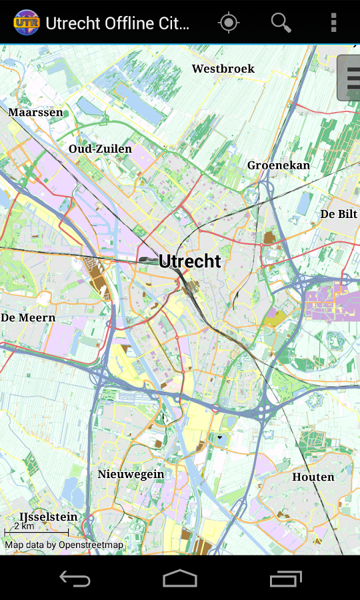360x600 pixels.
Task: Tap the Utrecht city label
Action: (189, 261)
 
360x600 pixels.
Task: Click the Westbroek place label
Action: (223, 69)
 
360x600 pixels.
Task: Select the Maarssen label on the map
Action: (35, 112)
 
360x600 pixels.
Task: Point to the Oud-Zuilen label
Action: (100, 149)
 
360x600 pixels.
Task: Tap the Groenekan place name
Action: (278, 165)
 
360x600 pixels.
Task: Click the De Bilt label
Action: (339, 214)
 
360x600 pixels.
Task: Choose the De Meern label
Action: (28, 317)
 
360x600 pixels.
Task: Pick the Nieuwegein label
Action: (131, 474)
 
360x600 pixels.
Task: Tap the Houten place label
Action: (313, 477)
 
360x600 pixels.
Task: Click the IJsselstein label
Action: (48, 517)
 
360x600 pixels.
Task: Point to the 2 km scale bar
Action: (36, 529)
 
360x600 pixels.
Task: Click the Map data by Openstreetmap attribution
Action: (64, 545)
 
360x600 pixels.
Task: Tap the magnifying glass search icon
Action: (281, 23)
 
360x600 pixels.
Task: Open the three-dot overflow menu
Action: (333, 23)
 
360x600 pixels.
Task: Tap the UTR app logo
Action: (27, 23)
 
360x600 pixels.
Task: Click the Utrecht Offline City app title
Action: (117, 23)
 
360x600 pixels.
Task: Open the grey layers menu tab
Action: (349, 78)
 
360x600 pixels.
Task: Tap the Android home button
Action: (180, 578)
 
